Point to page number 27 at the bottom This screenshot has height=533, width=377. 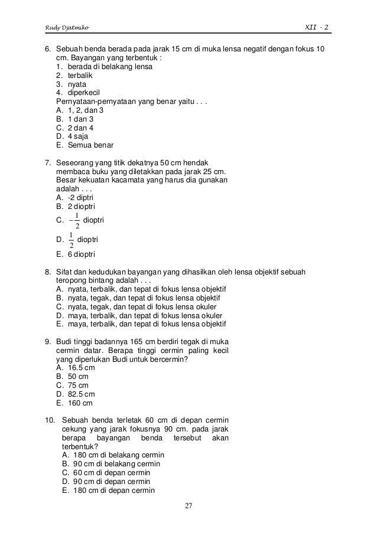(188, 506)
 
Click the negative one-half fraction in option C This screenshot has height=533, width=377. (73, 221)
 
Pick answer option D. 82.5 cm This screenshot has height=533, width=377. (75, 394)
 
